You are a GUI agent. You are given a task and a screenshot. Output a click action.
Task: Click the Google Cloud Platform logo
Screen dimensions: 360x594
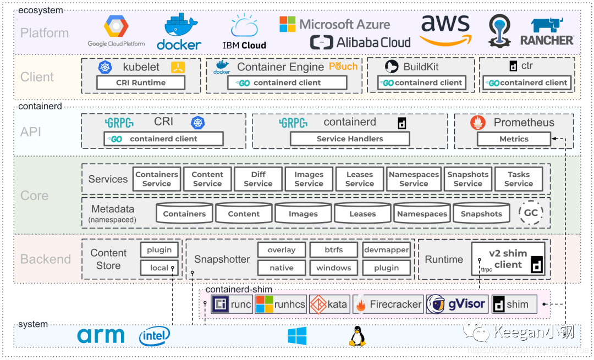click(x=116, y=31)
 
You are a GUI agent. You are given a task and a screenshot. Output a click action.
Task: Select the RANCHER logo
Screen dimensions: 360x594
click(x=547, y=31)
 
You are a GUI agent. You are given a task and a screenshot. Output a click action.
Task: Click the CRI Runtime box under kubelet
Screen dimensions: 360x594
click(x=141, y=82)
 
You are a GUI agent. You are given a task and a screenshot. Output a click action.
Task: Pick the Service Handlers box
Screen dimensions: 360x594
click(x=350, y=139)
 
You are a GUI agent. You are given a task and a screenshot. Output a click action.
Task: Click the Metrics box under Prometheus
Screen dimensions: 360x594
click(x=514, y=139)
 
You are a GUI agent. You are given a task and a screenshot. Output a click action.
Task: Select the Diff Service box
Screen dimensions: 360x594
click(x=258, y=179)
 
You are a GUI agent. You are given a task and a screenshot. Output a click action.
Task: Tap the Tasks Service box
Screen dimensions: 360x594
click(x=519, y=179)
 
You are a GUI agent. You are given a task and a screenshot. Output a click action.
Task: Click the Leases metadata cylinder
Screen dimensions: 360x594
click(x=362, y=214)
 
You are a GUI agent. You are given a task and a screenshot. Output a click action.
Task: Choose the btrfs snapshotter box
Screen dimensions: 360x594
click(x=333, y=250)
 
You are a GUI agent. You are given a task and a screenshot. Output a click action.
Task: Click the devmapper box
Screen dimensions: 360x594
click(x=386, y=250)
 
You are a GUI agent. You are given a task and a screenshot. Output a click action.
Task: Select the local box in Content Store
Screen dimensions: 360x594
click(x=159, y=268)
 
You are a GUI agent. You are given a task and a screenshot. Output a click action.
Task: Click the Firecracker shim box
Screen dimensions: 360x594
click(x=388, y=304)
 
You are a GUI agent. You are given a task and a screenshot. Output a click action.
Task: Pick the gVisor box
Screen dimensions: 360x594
click(x=457, y=304)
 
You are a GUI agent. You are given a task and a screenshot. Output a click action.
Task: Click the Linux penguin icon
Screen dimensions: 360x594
click(x=357, y=336)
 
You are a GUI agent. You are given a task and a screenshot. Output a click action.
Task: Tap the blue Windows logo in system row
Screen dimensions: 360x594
click(x=297, y=336)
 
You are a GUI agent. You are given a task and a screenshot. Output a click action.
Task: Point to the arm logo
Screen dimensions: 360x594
click(x=101, y=336)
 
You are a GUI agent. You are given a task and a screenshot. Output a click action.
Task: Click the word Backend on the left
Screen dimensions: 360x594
click(x=46, y=259)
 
